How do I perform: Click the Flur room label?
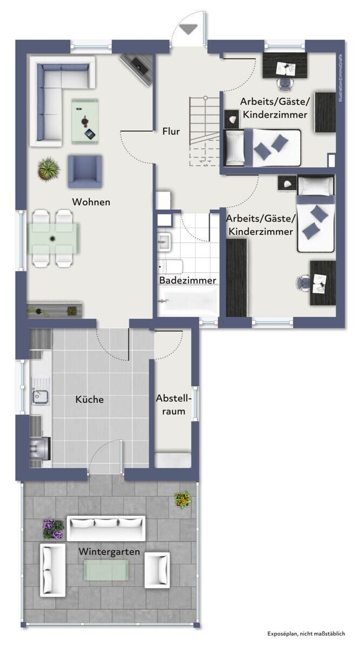pyautogui.click(x=171, y=131)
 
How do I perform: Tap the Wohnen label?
pyautogui.click(x=91, y=202)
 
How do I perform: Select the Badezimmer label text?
pyautogui.click(x=188, y=280)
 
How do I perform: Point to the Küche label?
pyautogui.click(x=90, y=399)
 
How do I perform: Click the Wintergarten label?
pyautogui.click(x=110, y=551)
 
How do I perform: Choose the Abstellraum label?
pyautogui.click(x=173, y=404)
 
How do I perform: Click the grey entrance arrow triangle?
pyautogui.click(x=188, y=30)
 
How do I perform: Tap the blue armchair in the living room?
pyautogui.click(x=85, y=172)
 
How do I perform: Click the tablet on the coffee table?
pyautogui.click(x=90, y=134)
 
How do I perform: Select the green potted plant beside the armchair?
pyautogui.click(x=49, y=168)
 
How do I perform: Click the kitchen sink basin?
pyautogui.click(x=40, y=397)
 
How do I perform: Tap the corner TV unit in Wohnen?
pyautogui.click(x=136, y=69)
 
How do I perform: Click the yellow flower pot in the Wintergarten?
pyautogui.click(x=182, y=500)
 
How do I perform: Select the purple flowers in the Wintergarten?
pyautogui.click(x=53, y=529)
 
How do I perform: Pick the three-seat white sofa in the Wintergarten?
pyautogui.click(x=106, y=528)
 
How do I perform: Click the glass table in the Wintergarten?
pyautogui.click(x=106, y=570)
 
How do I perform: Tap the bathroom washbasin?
pyautogui.click(x=164, y=241)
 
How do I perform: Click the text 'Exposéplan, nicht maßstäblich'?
pyautogui.click(x=306, y=633)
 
